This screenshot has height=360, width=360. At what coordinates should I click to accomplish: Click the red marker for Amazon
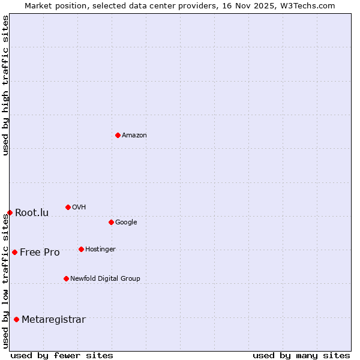point(118,135)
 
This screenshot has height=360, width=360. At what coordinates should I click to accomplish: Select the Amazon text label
point(134,136)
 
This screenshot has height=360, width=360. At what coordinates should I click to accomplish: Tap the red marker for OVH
point(68,207)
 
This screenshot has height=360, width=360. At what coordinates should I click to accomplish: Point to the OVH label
point(79,208)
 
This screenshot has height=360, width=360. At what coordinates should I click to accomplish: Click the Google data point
point(111,222)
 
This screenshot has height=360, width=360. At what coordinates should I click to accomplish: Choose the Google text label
point(126,223)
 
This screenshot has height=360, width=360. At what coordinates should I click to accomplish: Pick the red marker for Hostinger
point(81,249)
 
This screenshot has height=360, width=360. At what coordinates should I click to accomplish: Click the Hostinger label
point(100,250)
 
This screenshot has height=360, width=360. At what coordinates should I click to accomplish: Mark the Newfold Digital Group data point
point(66,278)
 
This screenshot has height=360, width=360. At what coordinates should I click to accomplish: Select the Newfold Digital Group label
point(105,279)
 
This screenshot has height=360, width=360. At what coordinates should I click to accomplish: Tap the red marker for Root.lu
point(10,212)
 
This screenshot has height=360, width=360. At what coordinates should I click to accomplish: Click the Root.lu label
point(32,213)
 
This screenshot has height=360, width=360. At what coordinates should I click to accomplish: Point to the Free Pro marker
point(14,252)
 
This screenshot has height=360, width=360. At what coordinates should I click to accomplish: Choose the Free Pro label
point(40,253)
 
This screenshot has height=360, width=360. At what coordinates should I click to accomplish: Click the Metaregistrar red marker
point(16,319)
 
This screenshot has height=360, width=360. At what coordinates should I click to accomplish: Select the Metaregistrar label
point(53,320)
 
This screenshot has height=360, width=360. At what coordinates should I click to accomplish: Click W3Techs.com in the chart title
point(306,5)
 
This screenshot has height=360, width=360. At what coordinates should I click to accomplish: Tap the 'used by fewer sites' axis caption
point(62,355)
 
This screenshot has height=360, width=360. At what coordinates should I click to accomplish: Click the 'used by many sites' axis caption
point(301,355)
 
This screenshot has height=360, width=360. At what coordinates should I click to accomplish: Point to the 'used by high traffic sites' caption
point(6,85)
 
